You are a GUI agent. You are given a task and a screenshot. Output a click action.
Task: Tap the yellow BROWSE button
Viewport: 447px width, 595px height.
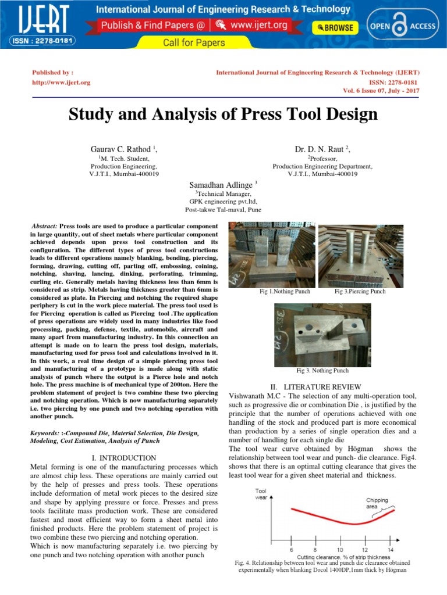(336, 27)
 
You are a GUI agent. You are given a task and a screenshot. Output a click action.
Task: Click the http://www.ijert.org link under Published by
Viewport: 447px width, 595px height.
(61, 83)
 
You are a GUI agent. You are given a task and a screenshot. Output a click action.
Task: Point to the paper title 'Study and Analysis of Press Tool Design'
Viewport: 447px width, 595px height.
(223, 114)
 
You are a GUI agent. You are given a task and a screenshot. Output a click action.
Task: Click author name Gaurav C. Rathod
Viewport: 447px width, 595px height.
(120, 149)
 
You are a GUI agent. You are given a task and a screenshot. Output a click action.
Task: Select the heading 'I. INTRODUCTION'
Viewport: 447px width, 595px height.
(123, 458)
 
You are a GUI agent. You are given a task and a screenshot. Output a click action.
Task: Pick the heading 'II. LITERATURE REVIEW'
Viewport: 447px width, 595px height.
(316, 386)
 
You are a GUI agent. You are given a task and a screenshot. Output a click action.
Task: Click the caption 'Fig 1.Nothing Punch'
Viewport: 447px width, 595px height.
(285, 291)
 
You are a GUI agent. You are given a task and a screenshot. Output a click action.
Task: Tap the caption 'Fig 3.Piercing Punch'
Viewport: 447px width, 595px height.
(360, 291)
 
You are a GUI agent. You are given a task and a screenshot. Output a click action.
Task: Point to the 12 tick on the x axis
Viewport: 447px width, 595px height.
(365, 549)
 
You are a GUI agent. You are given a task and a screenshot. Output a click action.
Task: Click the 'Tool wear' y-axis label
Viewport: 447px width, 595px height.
(261, 494)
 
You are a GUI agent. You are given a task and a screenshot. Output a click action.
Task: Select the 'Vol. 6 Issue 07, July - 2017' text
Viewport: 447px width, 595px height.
(382, 92)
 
